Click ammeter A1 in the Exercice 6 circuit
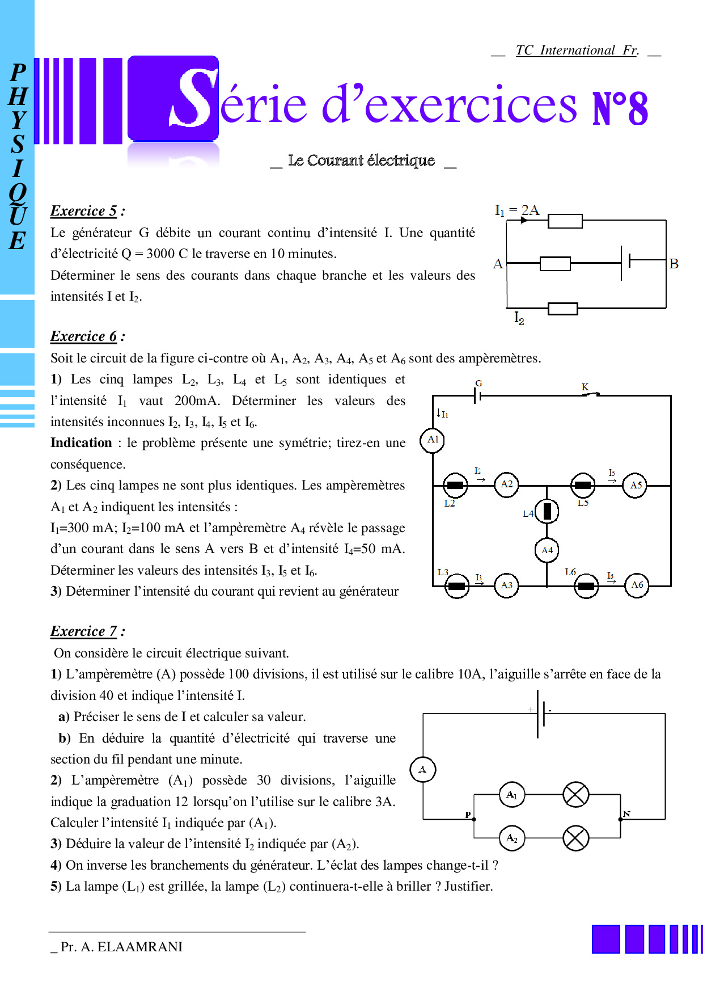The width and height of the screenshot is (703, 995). click(x=433, y=440)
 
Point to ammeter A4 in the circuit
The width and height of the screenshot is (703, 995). click(x=547, y=550)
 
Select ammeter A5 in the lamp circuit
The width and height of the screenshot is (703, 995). click(x=636, y=486)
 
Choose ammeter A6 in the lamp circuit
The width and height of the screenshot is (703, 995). click(x=637, y=585)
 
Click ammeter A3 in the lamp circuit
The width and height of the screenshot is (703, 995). click(x=507, y=585)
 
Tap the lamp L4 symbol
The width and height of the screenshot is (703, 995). click(x=547, y=511)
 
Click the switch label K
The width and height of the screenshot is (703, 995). click(x=585, y=387)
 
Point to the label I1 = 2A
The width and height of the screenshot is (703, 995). click(x=517, y=210)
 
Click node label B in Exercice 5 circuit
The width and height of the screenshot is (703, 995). click(x=674, y=264)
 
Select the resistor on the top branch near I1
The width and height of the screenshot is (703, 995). click(x=565, y=221)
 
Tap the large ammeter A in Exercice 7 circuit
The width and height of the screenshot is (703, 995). click(x=423, y=770)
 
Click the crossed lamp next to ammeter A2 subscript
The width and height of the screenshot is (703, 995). click(x=576, y=838)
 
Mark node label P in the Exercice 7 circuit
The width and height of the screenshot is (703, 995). click(x=468, y=815)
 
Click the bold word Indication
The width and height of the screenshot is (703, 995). click(x=81, y=443)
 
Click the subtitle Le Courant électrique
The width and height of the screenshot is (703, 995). click(x=362, y=161)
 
